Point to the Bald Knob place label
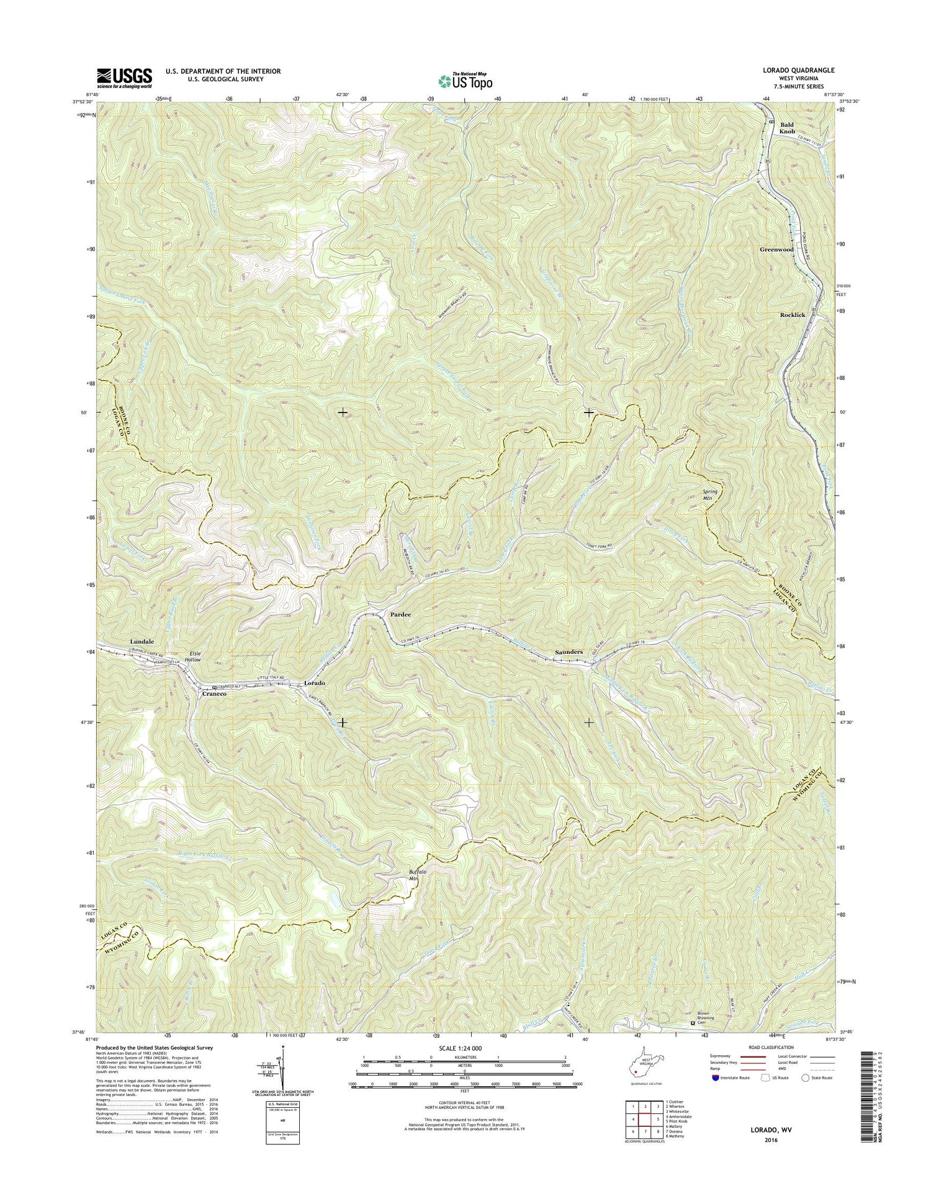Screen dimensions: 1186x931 pyautogui.click(x=786, y=128)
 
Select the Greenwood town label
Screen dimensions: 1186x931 pyautogui.click(x=776, y=249)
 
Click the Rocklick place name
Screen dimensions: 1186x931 pyautogui.click(x=792, y=315)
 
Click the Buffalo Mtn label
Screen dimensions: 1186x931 pyautogui.click(x=417, y=875)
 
